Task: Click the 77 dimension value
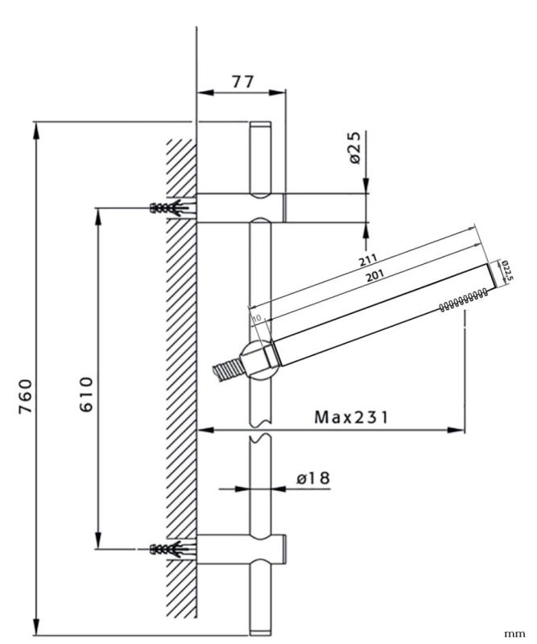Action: click(x=242, y=81)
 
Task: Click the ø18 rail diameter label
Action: click(x=313, y=478)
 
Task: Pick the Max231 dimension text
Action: click(x=351, y=417)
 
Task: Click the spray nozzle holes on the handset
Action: click(x=462, y=302)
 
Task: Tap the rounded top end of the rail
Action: click(x=262, y=128)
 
